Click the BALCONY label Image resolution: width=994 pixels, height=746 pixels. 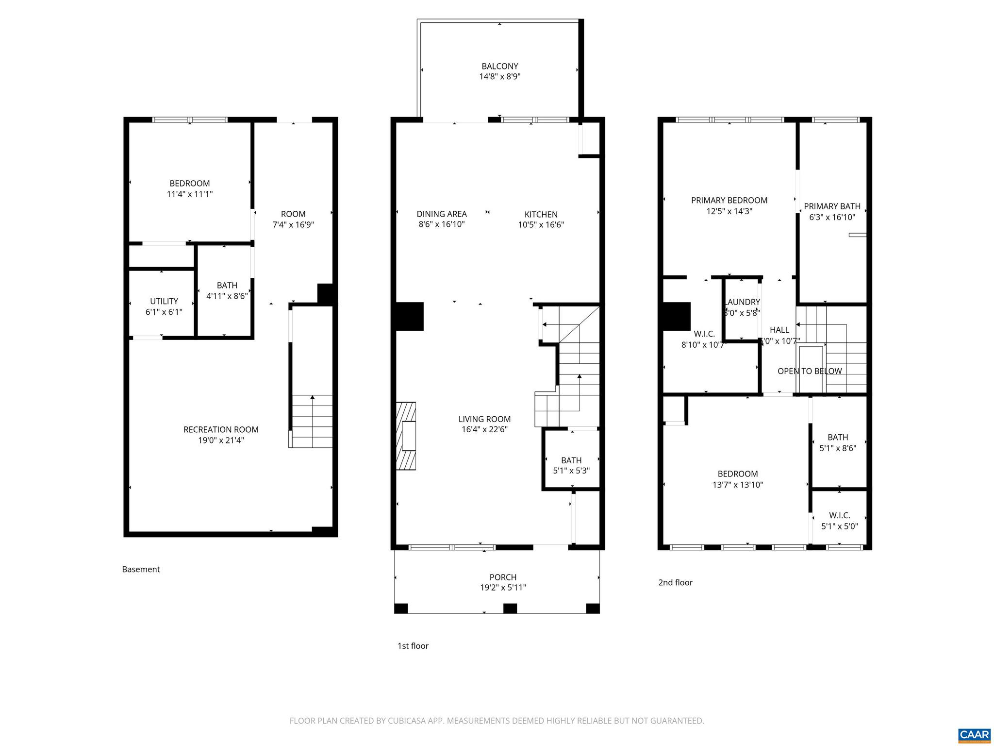(x=499, y=66)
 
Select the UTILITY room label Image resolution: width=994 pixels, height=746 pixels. (x=164, y=301)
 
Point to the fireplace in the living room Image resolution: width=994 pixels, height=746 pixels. (x=407, y=436)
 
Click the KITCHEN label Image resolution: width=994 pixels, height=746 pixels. (x=541, y=214)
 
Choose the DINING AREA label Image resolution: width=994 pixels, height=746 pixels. (x=442, y=214)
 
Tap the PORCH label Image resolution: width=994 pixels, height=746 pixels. (x=503, y=577)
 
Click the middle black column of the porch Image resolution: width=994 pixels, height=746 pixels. (x=510, y=609)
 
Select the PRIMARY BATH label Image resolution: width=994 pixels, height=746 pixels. (x=832, y=206)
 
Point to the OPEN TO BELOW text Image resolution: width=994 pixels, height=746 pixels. (x=810, y=371)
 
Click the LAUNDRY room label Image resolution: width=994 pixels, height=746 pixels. (x=742, y=302)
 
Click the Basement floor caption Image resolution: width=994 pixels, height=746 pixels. (x=141, y=569)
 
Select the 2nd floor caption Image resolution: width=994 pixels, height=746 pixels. (x=675, y=582)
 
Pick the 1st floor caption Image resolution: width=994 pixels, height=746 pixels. (x=413, y=646)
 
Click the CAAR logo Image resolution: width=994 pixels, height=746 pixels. (x=974, y=734)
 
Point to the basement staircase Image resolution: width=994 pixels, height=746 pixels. (x=312, y=421)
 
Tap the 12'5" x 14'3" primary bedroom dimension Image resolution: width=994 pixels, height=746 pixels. (x=729, y=211)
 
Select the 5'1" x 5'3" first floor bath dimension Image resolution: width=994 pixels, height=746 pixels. (x=571, y=471)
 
